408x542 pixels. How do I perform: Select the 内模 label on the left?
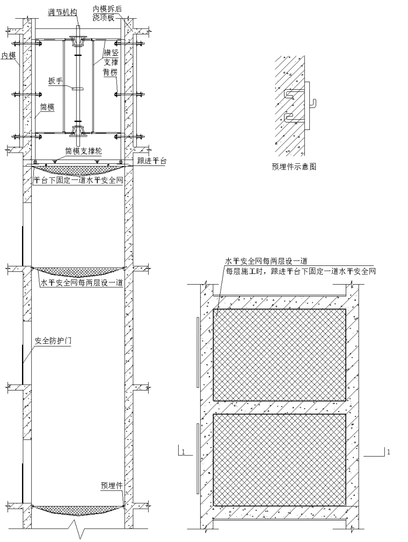(7, 55)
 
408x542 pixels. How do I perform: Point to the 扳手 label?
(56, 82)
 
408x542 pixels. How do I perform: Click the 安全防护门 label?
(53, 341)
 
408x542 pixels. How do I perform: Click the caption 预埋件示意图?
(294, 167)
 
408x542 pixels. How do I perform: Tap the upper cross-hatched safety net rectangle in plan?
(279, 355)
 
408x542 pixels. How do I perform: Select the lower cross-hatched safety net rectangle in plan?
(279, 459)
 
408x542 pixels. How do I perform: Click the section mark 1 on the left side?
(183, 452)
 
